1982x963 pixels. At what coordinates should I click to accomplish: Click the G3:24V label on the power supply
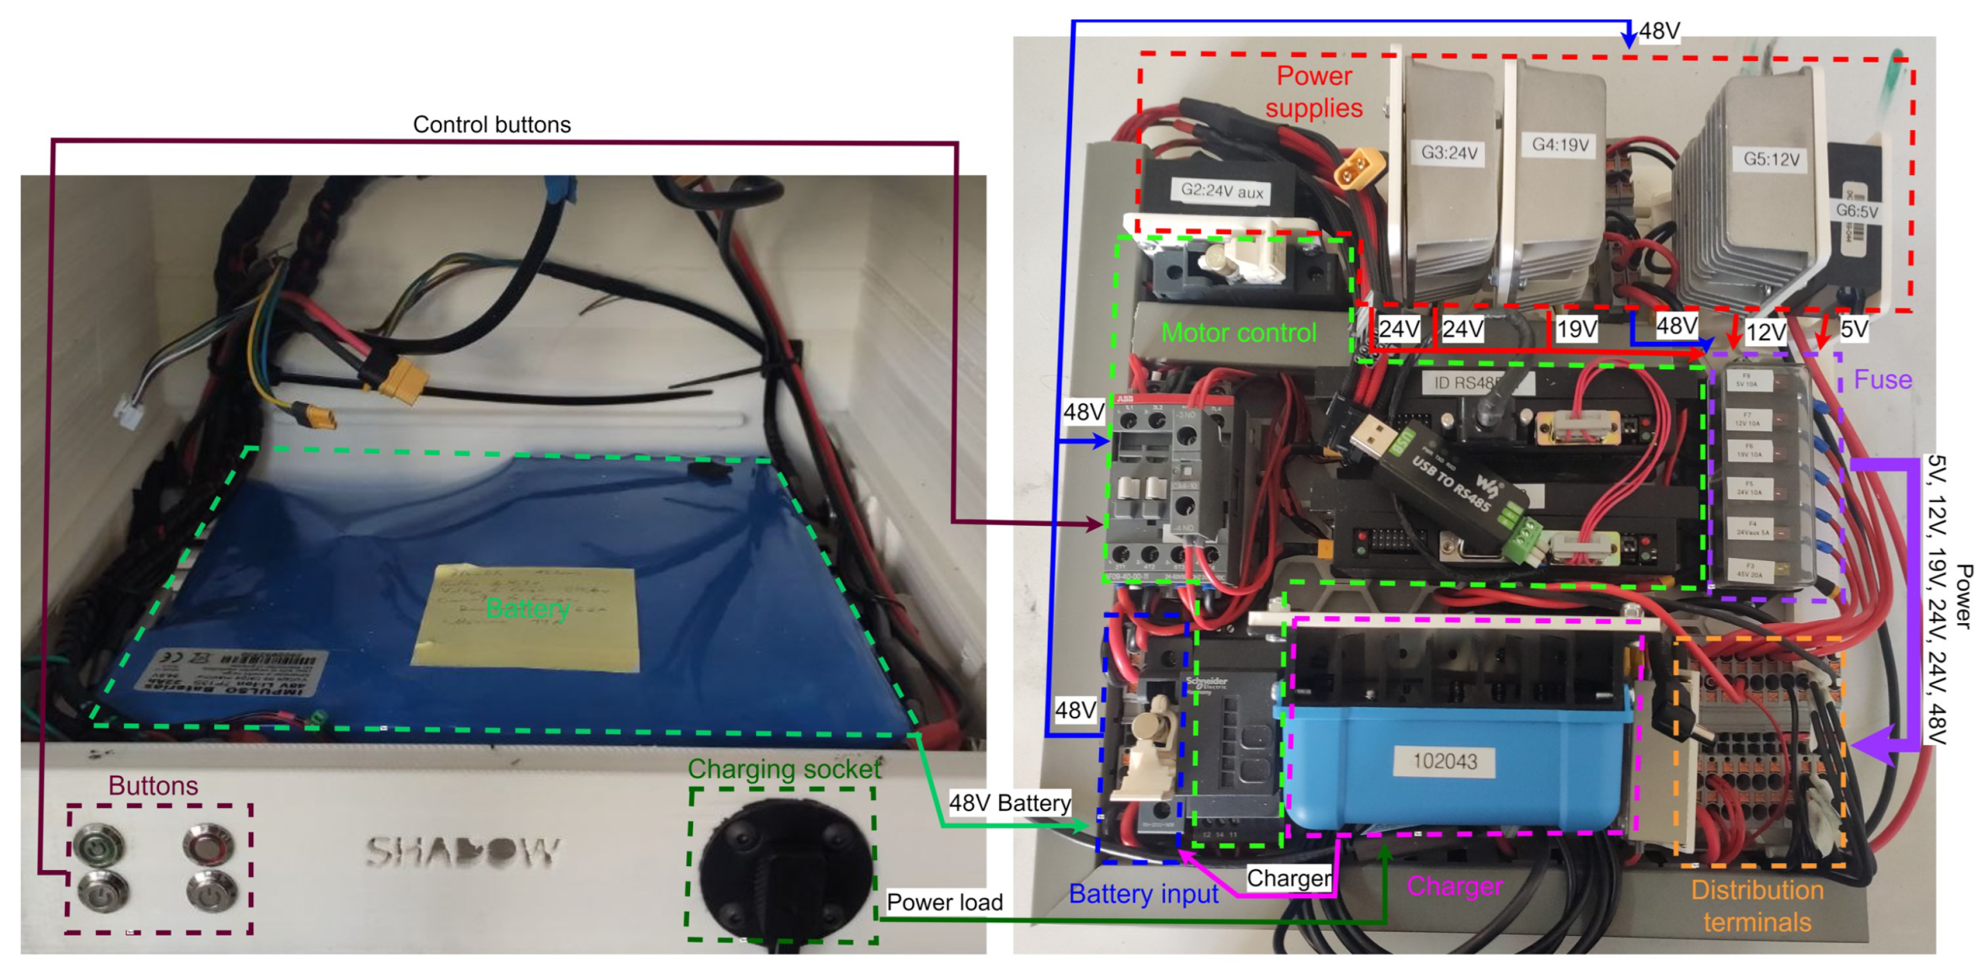click(1449, 153)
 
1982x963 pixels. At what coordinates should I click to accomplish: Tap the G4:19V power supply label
click(1559, 145)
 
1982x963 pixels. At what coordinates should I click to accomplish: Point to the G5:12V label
click(1771, 159)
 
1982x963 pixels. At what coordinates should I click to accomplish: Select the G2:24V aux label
click(1222, 191)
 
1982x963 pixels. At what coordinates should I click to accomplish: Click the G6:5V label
click(1856, 211)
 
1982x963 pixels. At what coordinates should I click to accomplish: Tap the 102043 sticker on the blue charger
click(1444, 762)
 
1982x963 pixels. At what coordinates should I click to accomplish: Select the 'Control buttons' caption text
click(492, 124)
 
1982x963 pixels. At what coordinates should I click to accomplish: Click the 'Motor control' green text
click(1238, 333)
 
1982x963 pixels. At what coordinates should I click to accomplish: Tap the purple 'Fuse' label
click(1882, 379)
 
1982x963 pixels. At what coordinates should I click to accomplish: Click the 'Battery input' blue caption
click(1143, 894)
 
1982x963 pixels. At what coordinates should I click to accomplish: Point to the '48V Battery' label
click(1009, 803)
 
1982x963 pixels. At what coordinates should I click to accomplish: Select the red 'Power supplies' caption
click(1313, 92)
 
